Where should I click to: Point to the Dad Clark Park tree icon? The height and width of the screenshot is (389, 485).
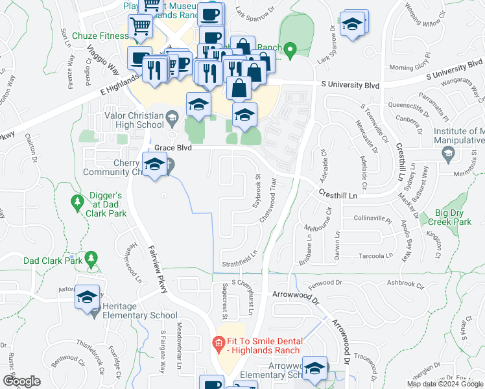click(x=91, y=260)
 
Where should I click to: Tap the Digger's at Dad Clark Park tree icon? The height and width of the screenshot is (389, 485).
click(x=77, y=203)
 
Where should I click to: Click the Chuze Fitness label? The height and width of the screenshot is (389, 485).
click(x=100, y=36)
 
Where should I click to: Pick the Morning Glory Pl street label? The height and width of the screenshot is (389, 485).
click(x=410, y=67)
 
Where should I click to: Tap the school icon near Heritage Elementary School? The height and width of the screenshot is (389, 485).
click(x=87, y=297)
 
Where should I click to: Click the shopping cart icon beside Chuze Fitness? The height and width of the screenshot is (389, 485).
click(x=141, y=27)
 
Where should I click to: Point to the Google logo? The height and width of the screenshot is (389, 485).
click(x=21, y=381)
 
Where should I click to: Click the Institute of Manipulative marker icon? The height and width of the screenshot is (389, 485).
click(x=447, y=153)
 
